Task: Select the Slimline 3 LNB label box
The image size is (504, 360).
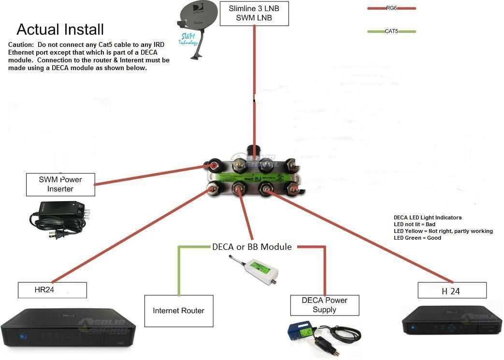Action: pos(254,14)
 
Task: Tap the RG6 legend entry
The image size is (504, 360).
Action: pos(391,8)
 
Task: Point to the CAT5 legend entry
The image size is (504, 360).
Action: pos(391,31)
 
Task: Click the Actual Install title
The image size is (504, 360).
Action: pos(60,29)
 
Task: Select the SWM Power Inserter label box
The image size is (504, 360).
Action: pos(60,184)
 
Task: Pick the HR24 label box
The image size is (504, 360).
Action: pos(52,290)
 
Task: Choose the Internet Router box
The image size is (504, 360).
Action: pos(179,311)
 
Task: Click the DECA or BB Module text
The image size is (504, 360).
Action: pos(252,247)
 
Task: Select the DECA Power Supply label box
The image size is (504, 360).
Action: pos(325,305)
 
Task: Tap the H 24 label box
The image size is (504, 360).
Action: pos(452,291)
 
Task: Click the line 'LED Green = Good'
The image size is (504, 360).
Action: pos(418,238)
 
